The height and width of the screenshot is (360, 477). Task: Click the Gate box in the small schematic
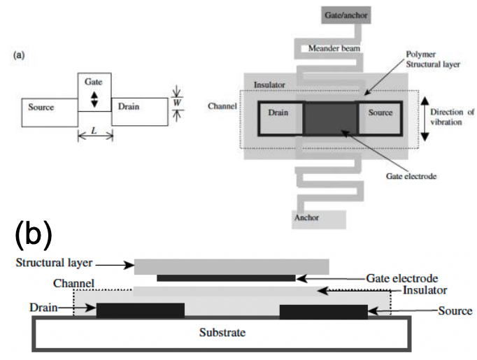(94, 91)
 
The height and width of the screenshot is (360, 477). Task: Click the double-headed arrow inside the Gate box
(94, 99)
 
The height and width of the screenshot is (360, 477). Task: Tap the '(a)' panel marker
(20, 54)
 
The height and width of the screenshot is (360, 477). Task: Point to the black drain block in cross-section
(140, 310)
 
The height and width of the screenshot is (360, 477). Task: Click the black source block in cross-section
(323, 310)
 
